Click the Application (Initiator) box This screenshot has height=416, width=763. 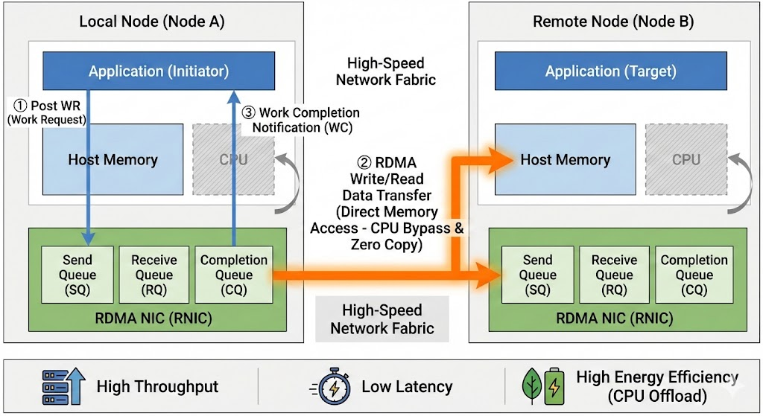tap(158, 71)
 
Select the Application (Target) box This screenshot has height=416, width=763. tap(610, 71)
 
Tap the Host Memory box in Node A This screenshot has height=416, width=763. tap(113, 159)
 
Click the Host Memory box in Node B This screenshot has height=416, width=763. tap(565, 159)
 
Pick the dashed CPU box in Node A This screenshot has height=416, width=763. tap(233, 159)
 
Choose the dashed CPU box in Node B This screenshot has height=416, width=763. tap(686, 159)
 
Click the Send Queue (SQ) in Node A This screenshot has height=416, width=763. tap(77, 275)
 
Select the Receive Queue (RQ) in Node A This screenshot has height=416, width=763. tap(153, 275)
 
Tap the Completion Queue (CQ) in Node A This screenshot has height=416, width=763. tap(233, 275)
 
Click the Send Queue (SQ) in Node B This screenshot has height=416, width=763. tap(537, 275)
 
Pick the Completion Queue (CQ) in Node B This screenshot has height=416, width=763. tap(694, 275)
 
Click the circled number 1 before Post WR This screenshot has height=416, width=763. tap(21, 106)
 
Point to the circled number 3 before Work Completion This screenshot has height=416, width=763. tap(249, 113)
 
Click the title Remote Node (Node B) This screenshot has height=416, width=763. tap(613, 22)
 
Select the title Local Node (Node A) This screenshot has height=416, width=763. tap(151, 22)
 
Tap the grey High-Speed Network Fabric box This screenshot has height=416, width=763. tap(381, 319)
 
